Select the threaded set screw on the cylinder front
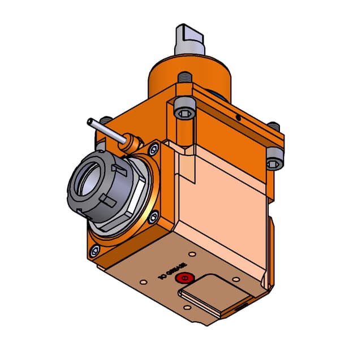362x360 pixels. tap(184, 77)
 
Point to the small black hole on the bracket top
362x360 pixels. tap(239, 118)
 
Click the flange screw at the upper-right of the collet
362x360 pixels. tap(153, 150)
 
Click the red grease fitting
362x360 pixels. tap(184, 278)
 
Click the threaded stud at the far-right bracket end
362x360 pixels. tap(274, 125)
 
